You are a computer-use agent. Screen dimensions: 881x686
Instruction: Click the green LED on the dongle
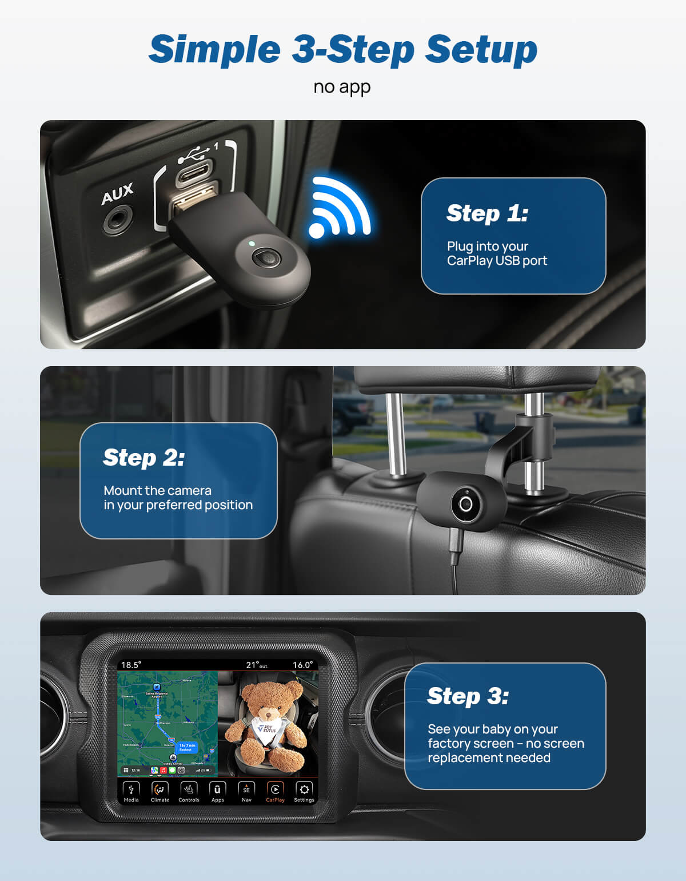(x=252, y=244)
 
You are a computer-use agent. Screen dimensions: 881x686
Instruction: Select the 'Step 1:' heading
(x=487, y=213)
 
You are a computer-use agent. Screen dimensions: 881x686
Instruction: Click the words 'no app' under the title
(x=342, y=87)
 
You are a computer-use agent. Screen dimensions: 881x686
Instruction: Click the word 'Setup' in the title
(x=481, y=49)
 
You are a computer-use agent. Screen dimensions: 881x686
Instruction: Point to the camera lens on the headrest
(x=466, y=504)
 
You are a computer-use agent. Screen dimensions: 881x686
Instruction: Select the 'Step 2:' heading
(x=143, y=458)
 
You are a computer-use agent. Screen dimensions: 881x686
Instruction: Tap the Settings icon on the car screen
(x=304, y=791)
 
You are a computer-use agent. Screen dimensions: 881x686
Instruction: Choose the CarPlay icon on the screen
(x=275, y=791)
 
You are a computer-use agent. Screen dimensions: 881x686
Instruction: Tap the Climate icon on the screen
(x=159, y=791)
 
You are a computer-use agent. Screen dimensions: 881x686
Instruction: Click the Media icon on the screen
(x=131, y=791)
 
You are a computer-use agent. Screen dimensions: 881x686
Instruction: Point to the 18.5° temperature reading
(x=131, y=665)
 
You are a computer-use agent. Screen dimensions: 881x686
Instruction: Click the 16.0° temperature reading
(x=302, y=665)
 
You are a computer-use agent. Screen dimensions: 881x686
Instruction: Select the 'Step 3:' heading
(x=468, y=696)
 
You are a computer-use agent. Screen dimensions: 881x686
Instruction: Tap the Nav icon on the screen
(x=246, y=791)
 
